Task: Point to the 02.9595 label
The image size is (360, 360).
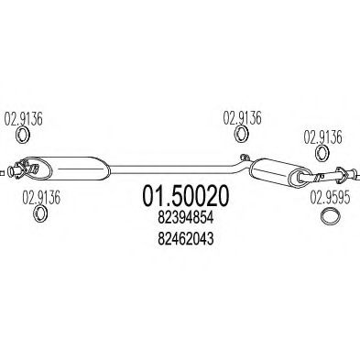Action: click(x=329, y=195)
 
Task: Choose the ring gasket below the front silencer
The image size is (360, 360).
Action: click(x=41, y=214)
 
